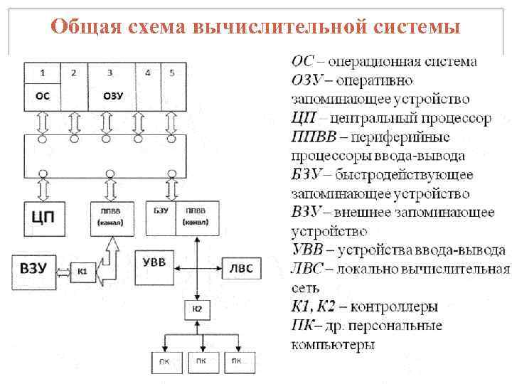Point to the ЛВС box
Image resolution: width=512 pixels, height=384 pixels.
click(x=241, y=268)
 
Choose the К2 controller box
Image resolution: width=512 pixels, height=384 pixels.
click(x=197, y=309)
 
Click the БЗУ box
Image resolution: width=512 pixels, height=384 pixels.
click(x=161, y=216)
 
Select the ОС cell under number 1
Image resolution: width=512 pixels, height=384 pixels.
click(x=43, y=96)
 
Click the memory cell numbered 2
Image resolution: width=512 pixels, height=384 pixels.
click(x=74, y=85)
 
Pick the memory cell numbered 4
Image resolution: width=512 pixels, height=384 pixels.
click(x=147, y=85)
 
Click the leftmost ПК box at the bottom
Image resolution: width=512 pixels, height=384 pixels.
click(x=165, y=361)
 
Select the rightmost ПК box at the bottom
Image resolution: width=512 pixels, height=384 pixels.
click(x=240, y=361)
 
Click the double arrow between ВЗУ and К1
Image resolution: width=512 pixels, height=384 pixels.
click(x=63, y=270)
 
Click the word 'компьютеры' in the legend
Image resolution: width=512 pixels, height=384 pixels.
click(x=333, y=345)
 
